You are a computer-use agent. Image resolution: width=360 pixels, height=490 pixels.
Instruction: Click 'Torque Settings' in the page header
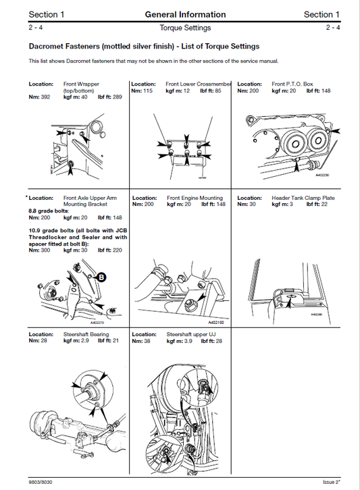click(185, 28)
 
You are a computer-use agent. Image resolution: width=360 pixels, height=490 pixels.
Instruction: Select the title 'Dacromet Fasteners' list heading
click(144, 47)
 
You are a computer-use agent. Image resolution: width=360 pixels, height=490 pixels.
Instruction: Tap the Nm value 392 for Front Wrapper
click(45, 97)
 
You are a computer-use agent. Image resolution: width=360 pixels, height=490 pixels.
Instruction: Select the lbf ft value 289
click(115, 97)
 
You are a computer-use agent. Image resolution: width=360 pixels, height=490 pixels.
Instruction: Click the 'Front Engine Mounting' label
click(195, 198)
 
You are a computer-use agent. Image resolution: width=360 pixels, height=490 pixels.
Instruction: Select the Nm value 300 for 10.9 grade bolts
click(45, 250)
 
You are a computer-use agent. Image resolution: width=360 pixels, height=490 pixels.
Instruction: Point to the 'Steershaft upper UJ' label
click(192, 334)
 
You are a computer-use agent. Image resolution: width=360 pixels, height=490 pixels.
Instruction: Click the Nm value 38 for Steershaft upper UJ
click(147, 342)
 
